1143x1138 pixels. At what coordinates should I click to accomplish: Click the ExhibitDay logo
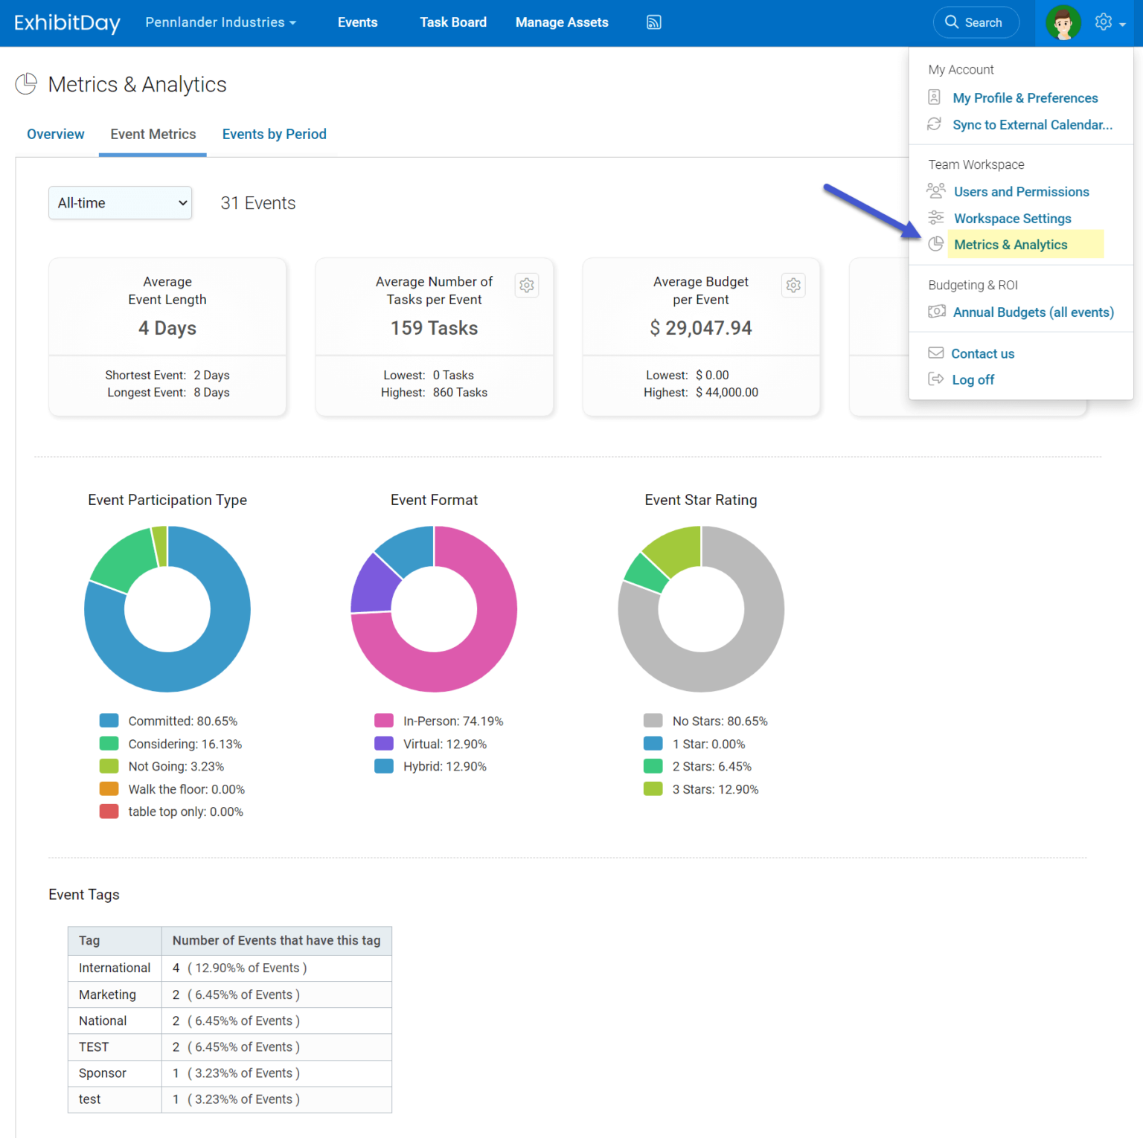pyautogui.click(x=67, y=22)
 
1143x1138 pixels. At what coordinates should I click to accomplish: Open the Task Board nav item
pyautogui.click(x=452, y=22)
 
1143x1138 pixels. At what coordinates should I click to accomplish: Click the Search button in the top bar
pyautogui.click(x=975, y=22)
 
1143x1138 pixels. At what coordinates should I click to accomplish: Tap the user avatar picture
pyautogui.click(x=1063, y=22)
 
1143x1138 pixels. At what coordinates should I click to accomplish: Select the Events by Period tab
pyautogui.click(x=274, y=134)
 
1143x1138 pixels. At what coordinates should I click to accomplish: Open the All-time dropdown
pyautogui.click(x=121, y=203)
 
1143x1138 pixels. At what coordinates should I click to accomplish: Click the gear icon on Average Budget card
pyautogui.click(x=793, y=285)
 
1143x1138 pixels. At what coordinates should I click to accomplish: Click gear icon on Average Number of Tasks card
pyautogui.click(x=527, y=285)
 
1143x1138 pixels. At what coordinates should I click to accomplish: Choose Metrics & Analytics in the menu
pyautogui.click(x=1010, y=245)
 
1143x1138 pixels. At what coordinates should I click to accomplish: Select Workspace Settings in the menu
pyautogui.click(x=1012, y=218)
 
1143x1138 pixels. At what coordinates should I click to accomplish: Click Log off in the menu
pyautogui.click(x=973, y=379)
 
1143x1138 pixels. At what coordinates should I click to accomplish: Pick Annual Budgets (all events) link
pyautogui.click(x=1033, y=312)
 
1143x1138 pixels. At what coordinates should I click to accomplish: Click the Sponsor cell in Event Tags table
pyautogui.click(x=103, y=1073)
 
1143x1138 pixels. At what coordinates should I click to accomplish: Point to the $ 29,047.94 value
pyautogui.click(x=701, y=328)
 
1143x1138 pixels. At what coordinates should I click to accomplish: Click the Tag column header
pyautogui.click(x=89, y=940)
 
